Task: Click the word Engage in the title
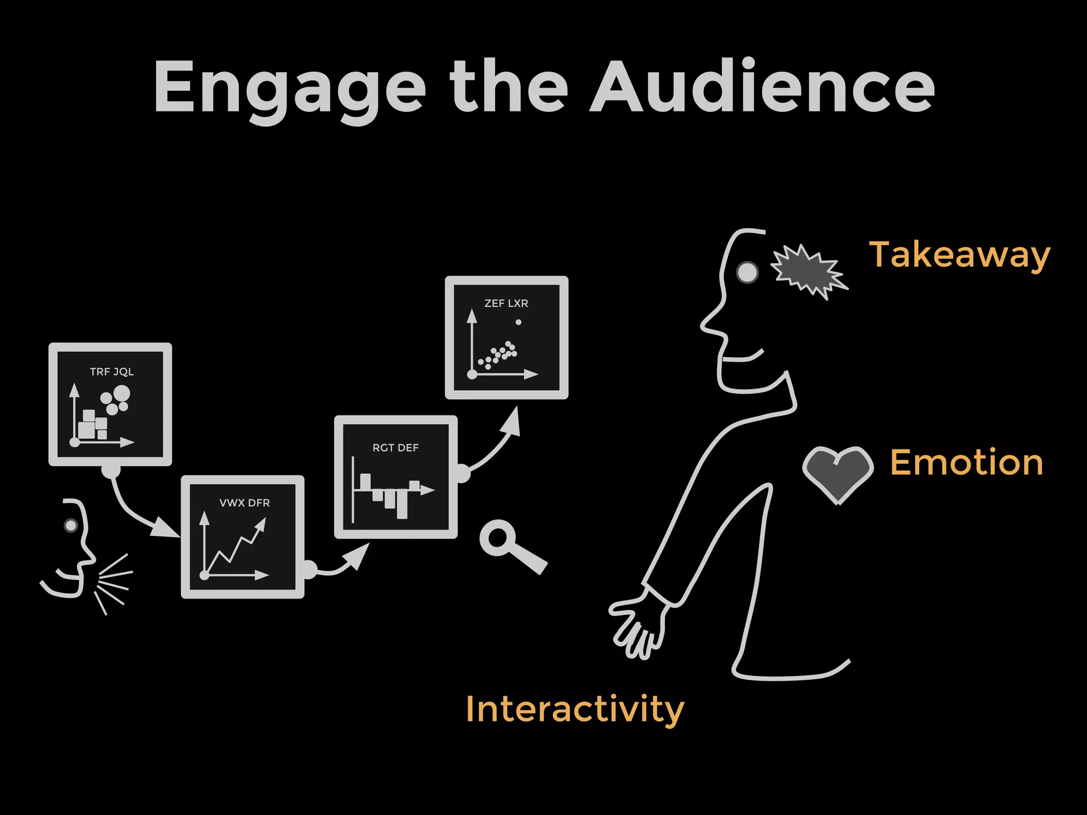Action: click(289, 88)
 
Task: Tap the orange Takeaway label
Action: click(959, 255)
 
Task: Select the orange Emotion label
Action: click(967, 463)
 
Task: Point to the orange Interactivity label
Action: click(575, 709)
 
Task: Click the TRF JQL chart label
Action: click(111, 371)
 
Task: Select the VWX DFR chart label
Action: click(244, 502)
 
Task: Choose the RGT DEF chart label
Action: click(395, 448)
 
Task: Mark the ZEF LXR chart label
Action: click(506, 304)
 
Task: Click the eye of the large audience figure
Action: click(747, 273)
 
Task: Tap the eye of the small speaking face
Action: click(71, 525)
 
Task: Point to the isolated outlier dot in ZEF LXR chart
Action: click(519, 322)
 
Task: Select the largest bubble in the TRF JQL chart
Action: click(122, 394)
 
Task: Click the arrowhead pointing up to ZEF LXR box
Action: click(513, 422)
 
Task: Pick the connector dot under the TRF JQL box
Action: click(111, 470)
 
